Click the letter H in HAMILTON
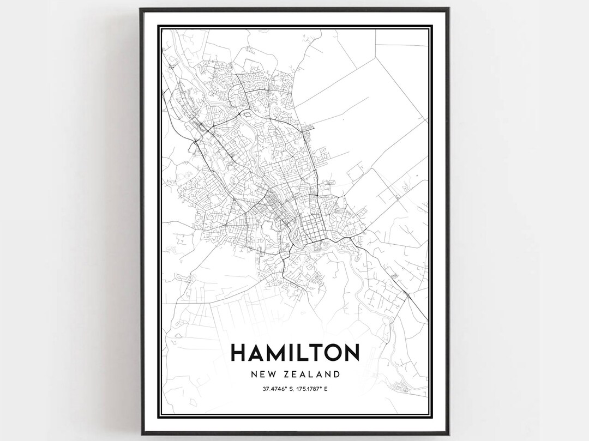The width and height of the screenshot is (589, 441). coord(240,353)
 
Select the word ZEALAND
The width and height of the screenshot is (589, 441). coord(313,374)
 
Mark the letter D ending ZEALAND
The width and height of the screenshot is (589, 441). coord(338,374)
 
